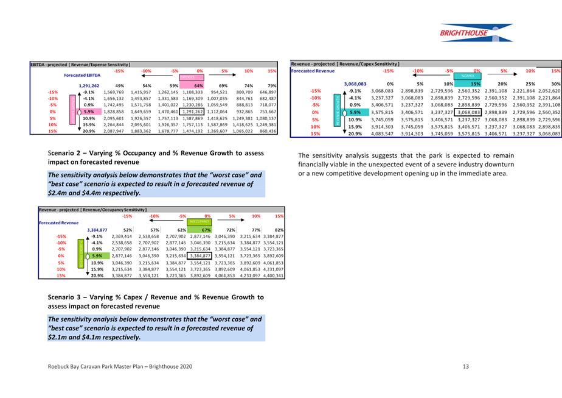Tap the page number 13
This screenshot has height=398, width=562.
[x=465, y=366]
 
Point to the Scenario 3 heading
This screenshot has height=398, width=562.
[x=155, y=301]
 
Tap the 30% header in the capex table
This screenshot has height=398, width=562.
[x=555, y=83]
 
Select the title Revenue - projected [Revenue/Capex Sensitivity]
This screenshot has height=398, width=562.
[x=345, y=63]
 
